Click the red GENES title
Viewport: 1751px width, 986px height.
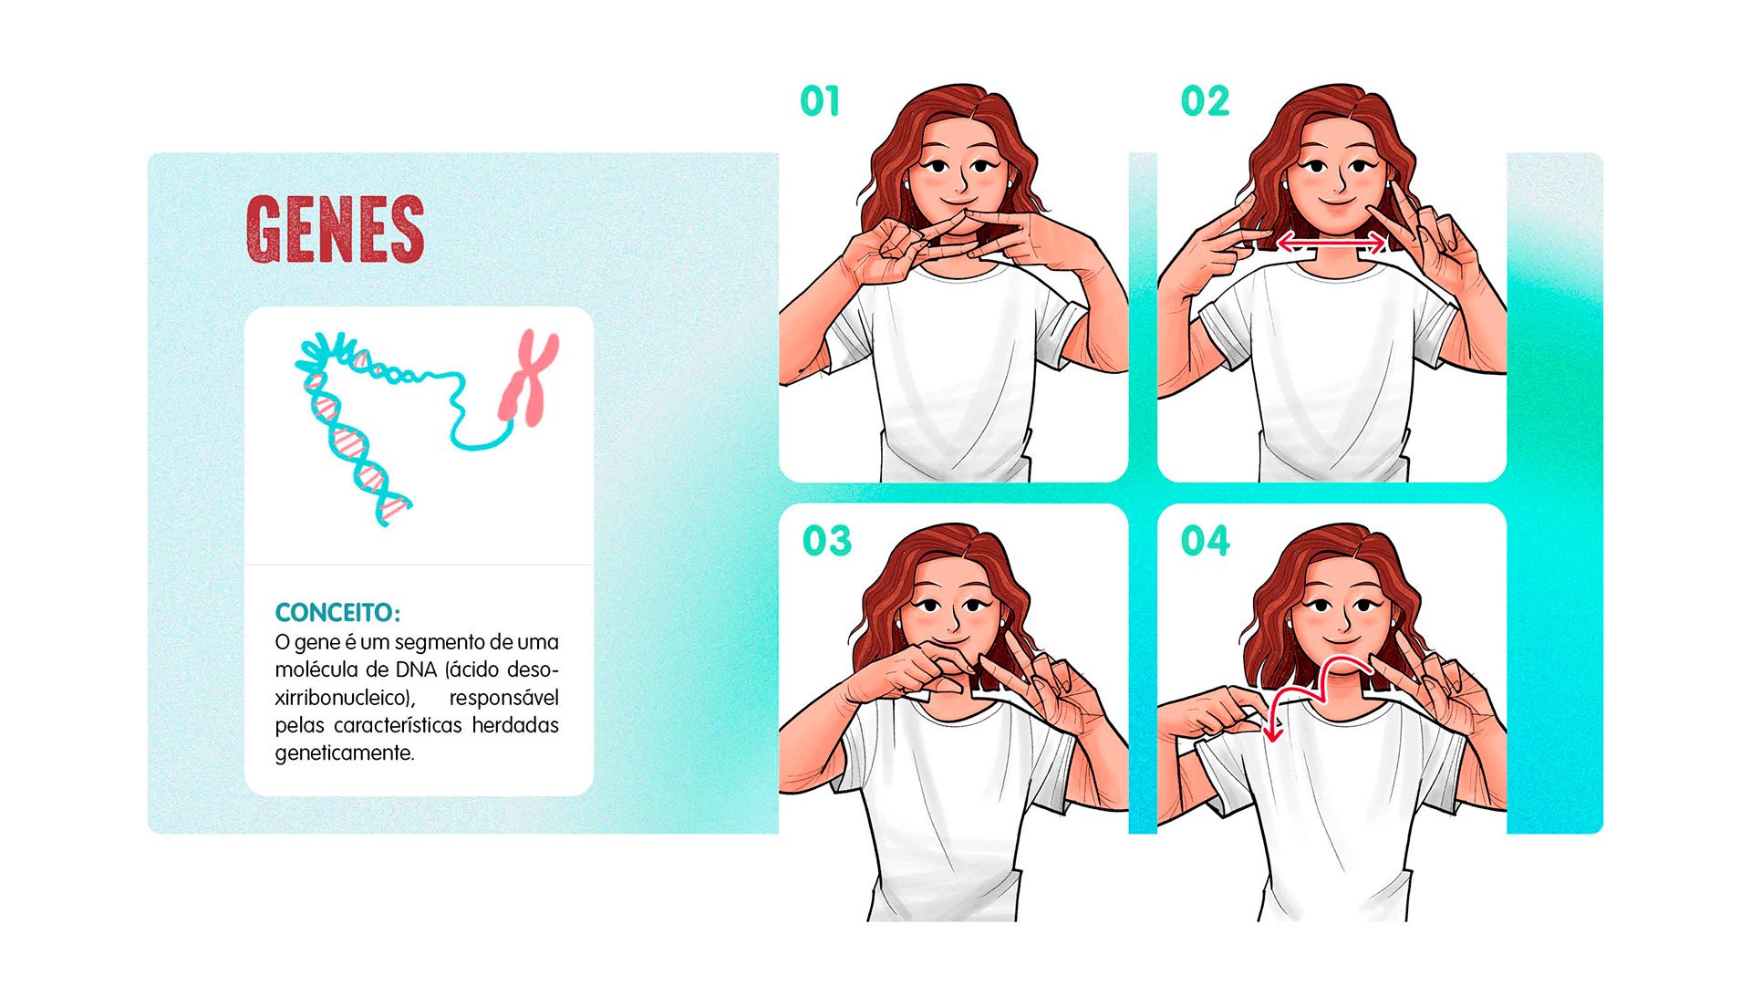pyautogui.click(x=336, y=229)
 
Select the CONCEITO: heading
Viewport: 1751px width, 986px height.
pyautogui.click(x=337, y=612)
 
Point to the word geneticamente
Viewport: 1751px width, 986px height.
pyautogui.click(x=345, y=753)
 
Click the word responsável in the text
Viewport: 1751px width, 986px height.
pyautogui.click(x=503, y=698)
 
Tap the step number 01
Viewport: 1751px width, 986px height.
pyautogui.click(x=820, y=101)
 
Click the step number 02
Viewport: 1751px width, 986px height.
pyautogui.click(x=1205, y=101)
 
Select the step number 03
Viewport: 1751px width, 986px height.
pyautogui.click(x=827, y=541)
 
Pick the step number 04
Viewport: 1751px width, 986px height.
pyautogui.click(x=1205, y=541)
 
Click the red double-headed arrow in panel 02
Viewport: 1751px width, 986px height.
pyautogui.click(x=1331, y=242)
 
